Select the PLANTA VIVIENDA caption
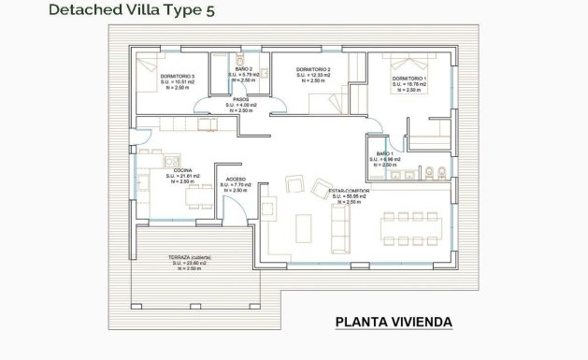pyautogui.click(x=393, y=323)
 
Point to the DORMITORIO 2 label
pyautogui.click(x=313, y=69)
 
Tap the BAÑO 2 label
pyautogui.click(x=242, y=69)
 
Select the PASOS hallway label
pyautogui.click(x=239, y=98)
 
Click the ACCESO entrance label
pyautogui.click(x=237, y=180)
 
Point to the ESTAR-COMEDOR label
pyautogui.click(x=349, y=191)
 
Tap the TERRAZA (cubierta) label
pyautogui.click(x=192, y=256)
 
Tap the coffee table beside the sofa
pyautogui.click(x=305, y=227)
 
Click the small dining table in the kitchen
pyautogui.click(x=197, y=193)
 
